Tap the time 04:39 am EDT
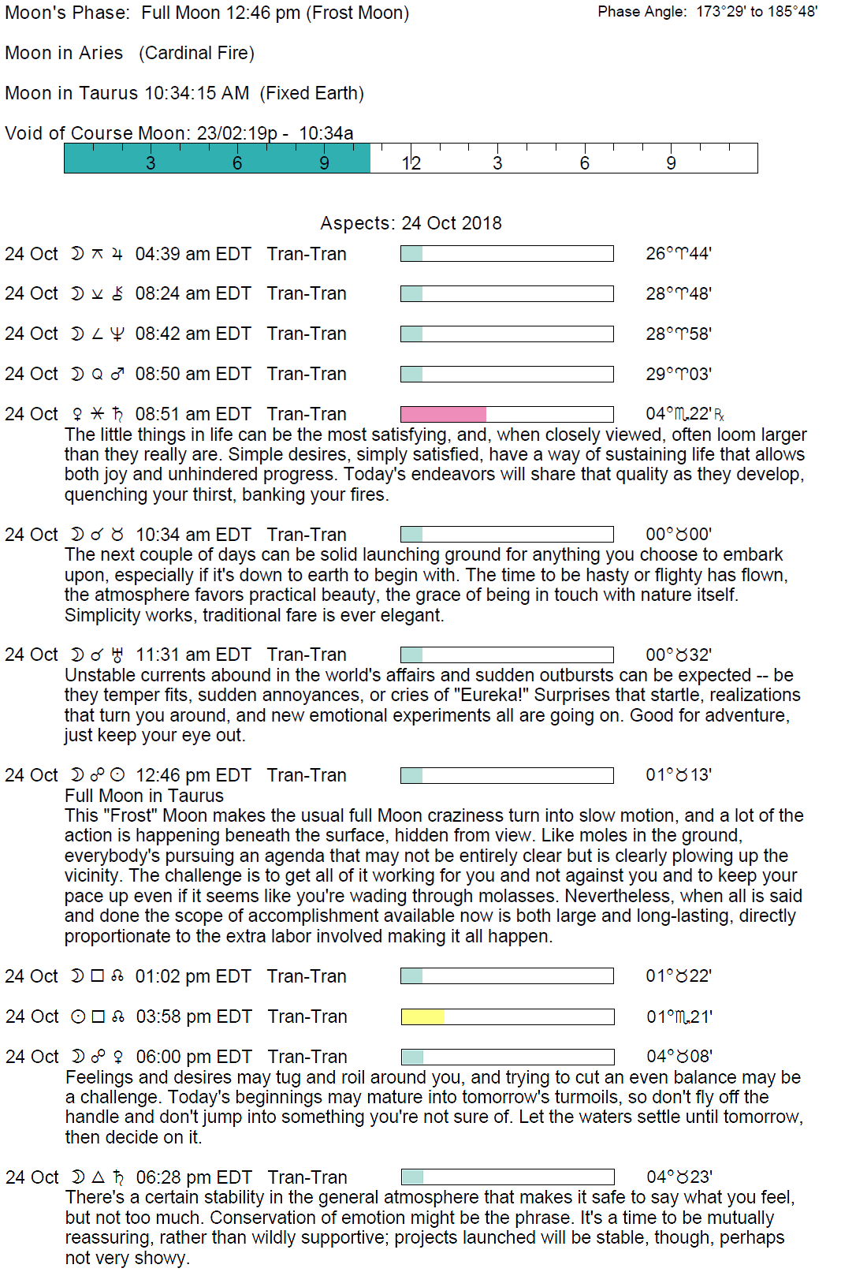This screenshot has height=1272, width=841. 193,254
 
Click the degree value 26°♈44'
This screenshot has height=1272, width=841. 679,254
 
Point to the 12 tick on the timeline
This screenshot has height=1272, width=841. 411,163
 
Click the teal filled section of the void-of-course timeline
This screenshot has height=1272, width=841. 217,158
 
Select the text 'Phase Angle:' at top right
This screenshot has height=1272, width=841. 642,12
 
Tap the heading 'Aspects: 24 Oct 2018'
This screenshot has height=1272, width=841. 411,223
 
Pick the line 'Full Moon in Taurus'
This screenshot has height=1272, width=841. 144,796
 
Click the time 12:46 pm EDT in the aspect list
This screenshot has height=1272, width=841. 193,775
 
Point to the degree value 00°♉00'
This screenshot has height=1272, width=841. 679,535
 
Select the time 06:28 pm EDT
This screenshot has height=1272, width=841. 194,1177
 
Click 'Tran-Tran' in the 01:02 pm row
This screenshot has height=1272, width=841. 307,976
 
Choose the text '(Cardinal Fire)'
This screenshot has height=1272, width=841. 196,54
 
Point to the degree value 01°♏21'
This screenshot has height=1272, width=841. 679,1016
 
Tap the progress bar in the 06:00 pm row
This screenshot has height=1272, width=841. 508,1057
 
